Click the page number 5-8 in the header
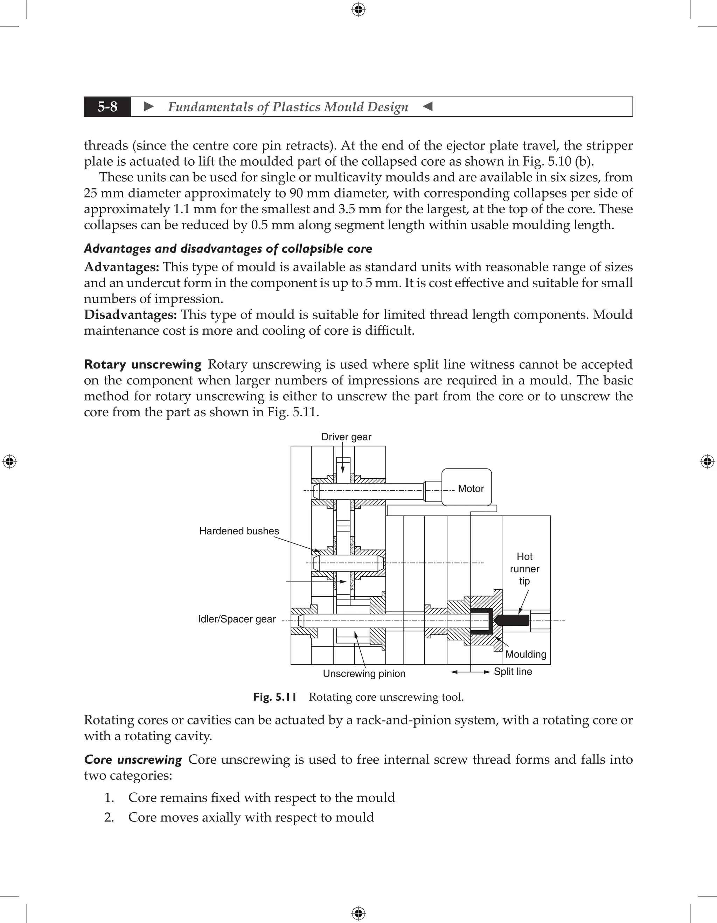click(107, 107)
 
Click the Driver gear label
click(346, 437)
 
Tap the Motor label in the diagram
click(471, 488)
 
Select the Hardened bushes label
click(239, 531)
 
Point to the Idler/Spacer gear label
click(237, 619)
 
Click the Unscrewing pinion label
click(364, 674)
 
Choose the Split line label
click(513, 672)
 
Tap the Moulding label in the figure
click(525, 654)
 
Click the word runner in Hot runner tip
click(524, 569)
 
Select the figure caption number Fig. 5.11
click(274, 697)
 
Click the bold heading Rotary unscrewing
click(142, 364)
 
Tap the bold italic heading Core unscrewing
click(133, 759)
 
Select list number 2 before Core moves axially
click(109, 817)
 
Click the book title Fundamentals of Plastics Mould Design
click(288, 107)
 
